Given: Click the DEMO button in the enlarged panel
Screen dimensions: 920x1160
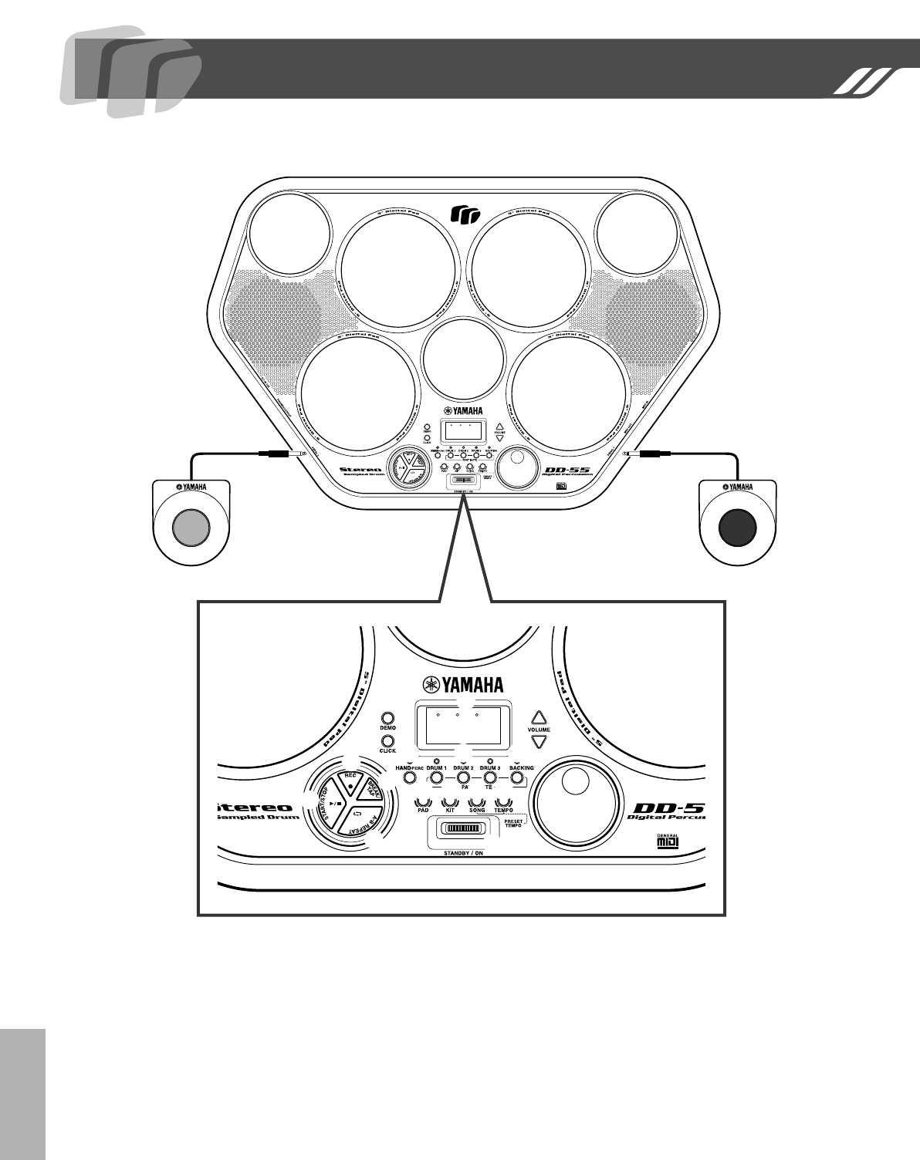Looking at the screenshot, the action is click(x=387, y=717).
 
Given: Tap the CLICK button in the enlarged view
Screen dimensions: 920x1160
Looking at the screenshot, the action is click(x=387, y=740).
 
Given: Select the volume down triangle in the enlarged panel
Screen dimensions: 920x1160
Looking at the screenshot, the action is click(x=539, y=741).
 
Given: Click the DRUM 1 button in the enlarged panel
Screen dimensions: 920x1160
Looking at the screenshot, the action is click(x=437, y=780).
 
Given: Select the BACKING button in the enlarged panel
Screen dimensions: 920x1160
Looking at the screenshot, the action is click(x=516, y=780).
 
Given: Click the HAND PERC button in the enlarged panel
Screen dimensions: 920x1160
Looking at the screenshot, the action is click(x=411, y=780).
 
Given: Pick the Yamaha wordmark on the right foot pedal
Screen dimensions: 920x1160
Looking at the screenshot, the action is click(x=737, y=487).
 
